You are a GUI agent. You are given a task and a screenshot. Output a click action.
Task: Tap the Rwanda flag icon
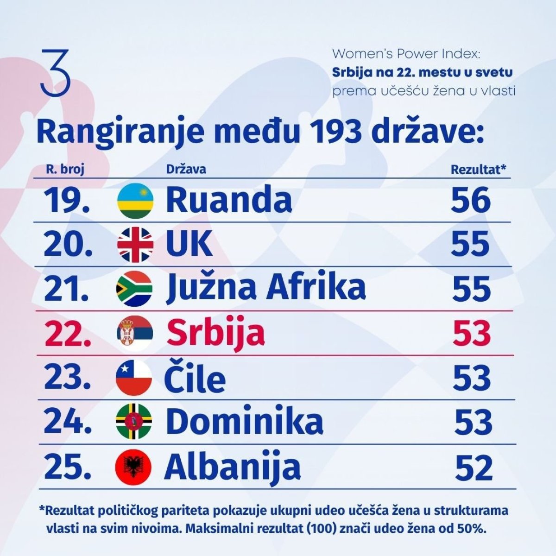click(134, 201)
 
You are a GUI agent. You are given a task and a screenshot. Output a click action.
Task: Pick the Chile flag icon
click(134, 377)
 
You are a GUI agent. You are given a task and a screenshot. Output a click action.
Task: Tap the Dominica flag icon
click(133, 422)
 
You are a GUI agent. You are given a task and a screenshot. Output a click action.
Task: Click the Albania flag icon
click(133, 466)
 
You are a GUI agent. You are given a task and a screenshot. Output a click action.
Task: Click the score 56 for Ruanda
click(471, 200)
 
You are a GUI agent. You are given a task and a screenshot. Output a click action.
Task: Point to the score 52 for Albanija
click(474, 468)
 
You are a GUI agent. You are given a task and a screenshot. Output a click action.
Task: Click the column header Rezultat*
click(478, 170)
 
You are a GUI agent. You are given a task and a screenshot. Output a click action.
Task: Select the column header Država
click(186, 169)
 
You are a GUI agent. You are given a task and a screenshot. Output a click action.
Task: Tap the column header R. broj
click(65, 170)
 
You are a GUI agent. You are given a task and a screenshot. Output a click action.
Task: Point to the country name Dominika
click(244, 422)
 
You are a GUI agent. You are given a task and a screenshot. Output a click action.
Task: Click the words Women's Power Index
click(406, 54)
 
